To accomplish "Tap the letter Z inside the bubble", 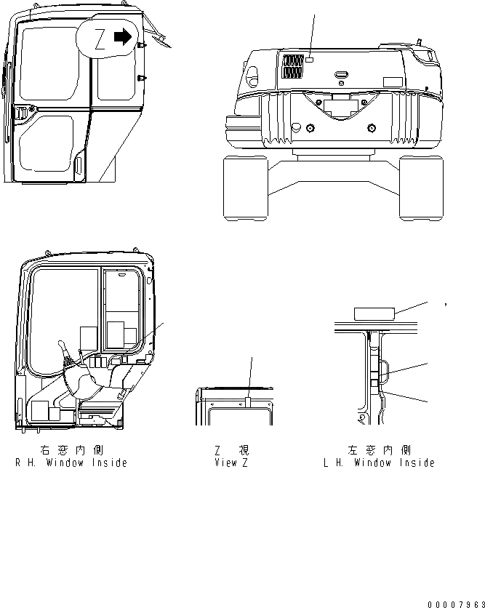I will point(99,40).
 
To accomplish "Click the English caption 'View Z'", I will point(231,463).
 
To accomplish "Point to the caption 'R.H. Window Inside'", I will point(71,463).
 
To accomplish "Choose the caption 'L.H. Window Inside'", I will point(379,463).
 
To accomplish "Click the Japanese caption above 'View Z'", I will point(231,451).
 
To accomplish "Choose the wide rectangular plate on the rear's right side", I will point(393,82).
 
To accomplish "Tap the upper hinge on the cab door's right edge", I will point(141,46).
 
